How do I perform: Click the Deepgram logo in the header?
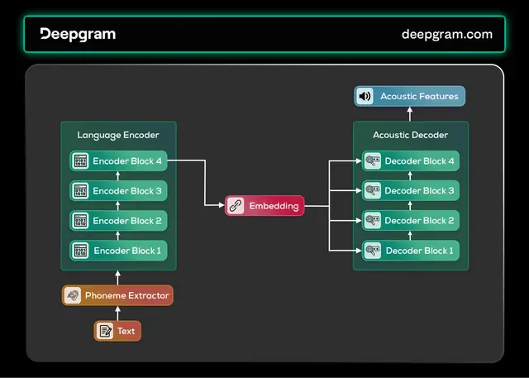tap(78, 34)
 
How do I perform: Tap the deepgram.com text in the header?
tap(446, 34)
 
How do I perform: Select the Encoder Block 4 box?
tap(119, 161)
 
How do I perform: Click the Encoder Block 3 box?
tap(119, 191)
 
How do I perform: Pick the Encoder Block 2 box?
tap(119, 221)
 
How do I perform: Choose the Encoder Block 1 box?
tap(119, 251)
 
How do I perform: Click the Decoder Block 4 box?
tap(410, 161)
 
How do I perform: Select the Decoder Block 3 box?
tap(410, 191)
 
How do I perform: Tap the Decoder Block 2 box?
tap(410, 221)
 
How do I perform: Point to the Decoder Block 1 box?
tap(410, 251)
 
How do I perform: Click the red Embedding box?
tap(264, 206)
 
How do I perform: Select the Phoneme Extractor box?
tap(117, 295)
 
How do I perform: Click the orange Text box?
tap(117, 331)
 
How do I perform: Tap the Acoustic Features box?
tap(410, 97)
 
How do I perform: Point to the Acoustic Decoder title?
tap(410, 135)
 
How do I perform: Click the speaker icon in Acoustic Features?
tap(365, 97)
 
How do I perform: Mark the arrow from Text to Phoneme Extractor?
tap(117, 313)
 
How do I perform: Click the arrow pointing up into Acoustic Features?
tap(410, 114)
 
